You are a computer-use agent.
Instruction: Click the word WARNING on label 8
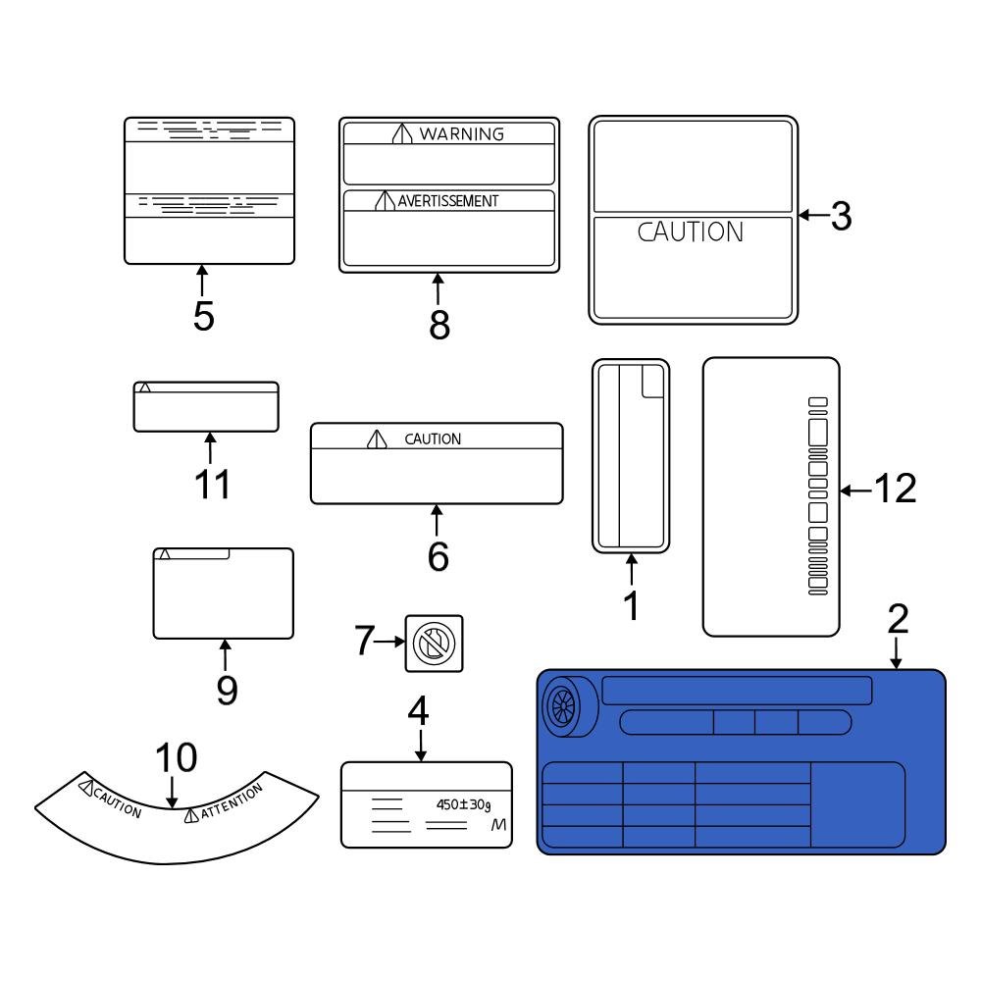461,134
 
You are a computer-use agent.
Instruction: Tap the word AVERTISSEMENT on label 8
447,201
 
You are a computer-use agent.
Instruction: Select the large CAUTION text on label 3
691,232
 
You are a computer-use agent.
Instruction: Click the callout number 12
894,489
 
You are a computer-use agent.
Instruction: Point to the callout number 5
203,317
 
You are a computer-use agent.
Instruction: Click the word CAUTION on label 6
433,439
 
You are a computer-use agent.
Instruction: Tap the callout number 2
898,619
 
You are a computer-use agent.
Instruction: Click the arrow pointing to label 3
812,217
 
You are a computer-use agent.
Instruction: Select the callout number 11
212,485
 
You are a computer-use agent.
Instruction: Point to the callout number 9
227,690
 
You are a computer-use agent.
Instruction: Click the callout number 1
632,606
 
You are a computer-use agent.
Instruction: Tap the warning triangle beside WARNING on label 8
400,134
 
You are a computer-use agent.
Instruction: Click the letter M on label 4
499,826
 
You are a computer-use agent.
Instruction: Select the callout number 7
365,642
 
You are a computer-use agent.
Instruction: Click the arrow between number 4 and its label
421,747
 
